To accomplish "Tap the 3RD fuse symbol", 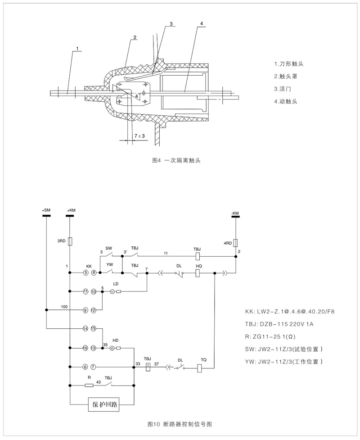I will pos(70,240).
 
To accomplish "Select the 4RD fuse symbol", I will pos(235,244).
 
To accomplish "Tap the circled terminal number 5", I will pos(85,273).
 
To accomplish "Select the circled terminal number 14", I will pos(85,328).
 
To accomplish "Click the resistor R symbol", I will pos(89,385).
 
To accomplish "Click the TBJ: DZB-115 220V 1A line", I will pos(281,324).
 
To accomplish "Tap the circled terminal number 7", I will pos(94,367).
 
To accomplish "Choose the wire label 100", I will pos(65,306).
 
